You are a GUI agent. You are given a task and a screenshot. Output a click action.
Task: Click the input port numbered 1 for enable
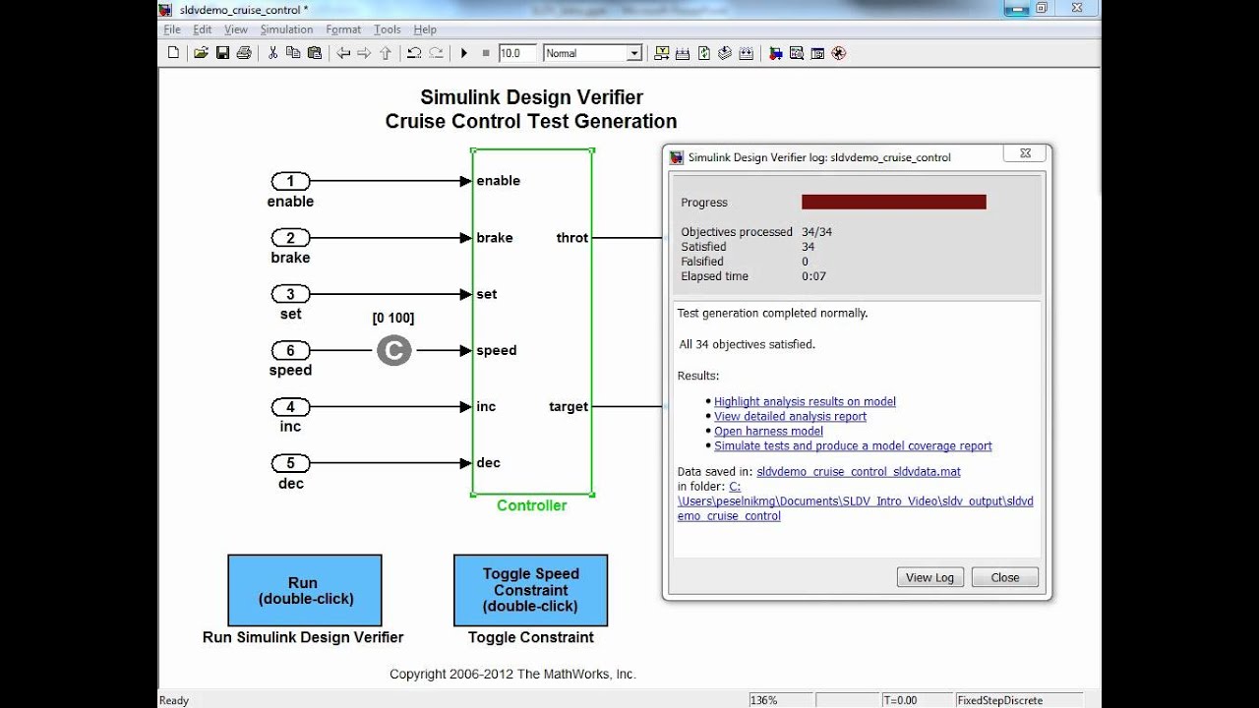[x=290, y=181]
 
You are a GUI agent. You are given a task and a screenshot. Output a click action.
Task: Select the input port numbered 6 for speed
[x=290, y=350]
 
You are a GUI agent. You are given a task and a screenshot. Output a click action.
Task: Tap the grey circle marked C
[x=393, y=350]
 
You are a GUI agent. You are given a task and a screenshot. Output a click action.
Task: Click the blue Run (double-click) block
[x=305, y=590]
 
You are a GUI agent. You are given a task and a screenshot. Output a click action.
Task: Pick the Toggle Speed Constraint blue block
[x=530, y=590]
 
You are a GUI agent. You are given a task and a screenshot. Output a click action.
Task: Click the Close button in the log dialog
[x=1004, y=577]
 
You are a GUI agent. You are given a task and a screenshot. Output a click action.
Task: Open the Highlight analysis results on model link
[x=805, y=401]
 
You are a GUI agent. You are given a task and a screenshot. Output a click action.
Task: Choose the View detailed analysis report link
[x=790, y=416]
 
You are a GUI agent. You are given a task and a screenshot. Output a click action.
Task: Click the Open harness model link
[x=768, y=431]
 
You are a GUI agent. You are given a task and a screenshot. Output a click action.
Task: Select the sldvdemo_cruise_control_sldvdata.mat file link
[x=858, y=472]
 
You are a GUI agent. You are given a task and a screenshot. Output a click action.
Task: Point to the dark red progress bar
[x=893, y=202]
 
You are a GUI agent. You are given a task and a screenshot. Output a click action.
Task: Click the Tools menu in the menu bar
[x=388, y=29]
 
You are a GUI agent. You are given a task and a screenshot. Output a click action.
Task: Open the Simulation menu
[x=286, y=29]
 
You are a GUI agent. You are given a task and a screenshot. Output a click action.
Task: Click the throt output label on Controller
[x=571, y=237]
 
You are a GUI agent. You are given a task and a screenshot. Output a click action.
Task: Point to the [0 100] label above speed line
[x=392, y=318]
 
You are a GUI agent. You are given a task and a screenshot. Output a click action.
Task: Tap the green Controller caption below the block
[x=531, y=505]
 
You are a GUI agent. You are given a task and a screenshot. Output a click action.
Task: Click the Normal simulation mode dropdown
[x=592, y=53]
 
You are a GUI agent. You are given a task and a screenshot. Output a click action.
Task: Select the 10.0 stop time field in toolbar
[x=516, y=53]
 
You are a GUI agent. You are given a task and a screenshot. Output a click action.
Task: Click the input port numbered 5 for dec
[x=290, y=463]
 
